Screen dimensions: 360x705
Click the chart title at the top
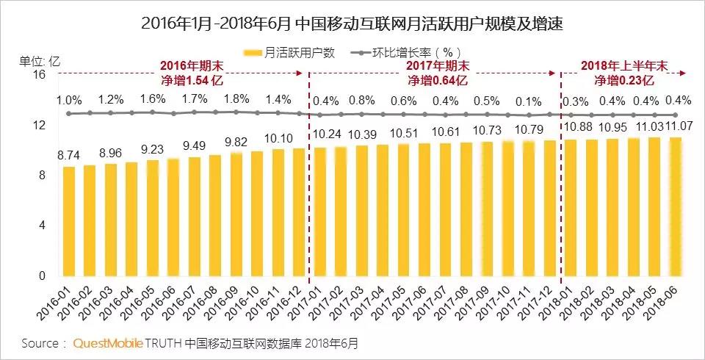(352, 23)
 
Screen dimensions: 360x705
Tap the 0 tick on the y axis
(42, 276)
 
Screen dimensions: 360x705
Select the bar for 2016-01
(69, 221)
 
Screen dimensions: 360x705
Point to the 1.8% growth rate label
(236, 99)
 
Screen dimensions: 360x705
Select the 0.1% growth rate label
(529, 101)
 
